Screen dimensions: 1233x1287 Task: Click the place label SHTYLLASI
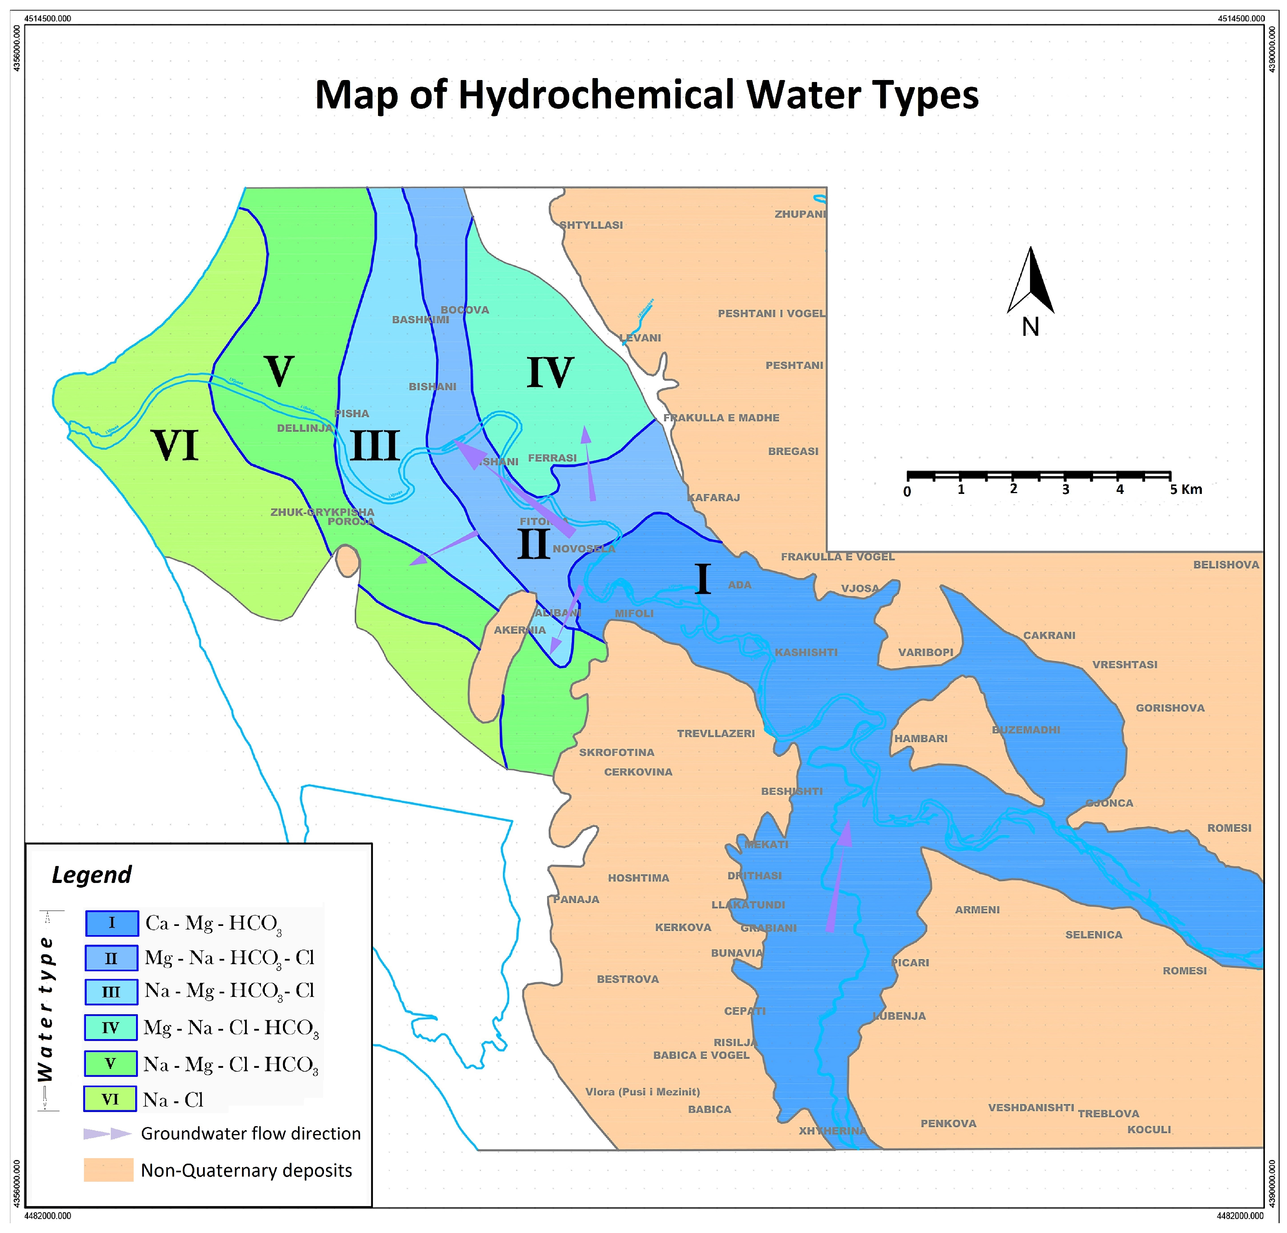(591, 225)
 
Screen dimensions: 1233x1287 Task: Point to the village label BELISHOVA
(1226, 564)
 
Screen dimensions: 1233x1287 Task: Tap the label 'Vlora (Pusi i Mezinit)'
(642, 1092)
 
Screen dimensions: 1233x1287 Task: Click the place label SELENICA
(1093, 935)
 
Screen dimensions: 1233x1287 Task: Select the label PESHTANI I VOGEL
(771, 314)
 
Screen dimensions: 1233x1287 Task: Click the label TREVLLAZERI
(716, 733)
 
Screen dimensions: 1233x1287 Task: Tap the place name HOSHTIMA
(638, 878)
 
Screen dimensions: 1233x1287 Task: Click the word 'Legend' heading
(92, 875)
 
